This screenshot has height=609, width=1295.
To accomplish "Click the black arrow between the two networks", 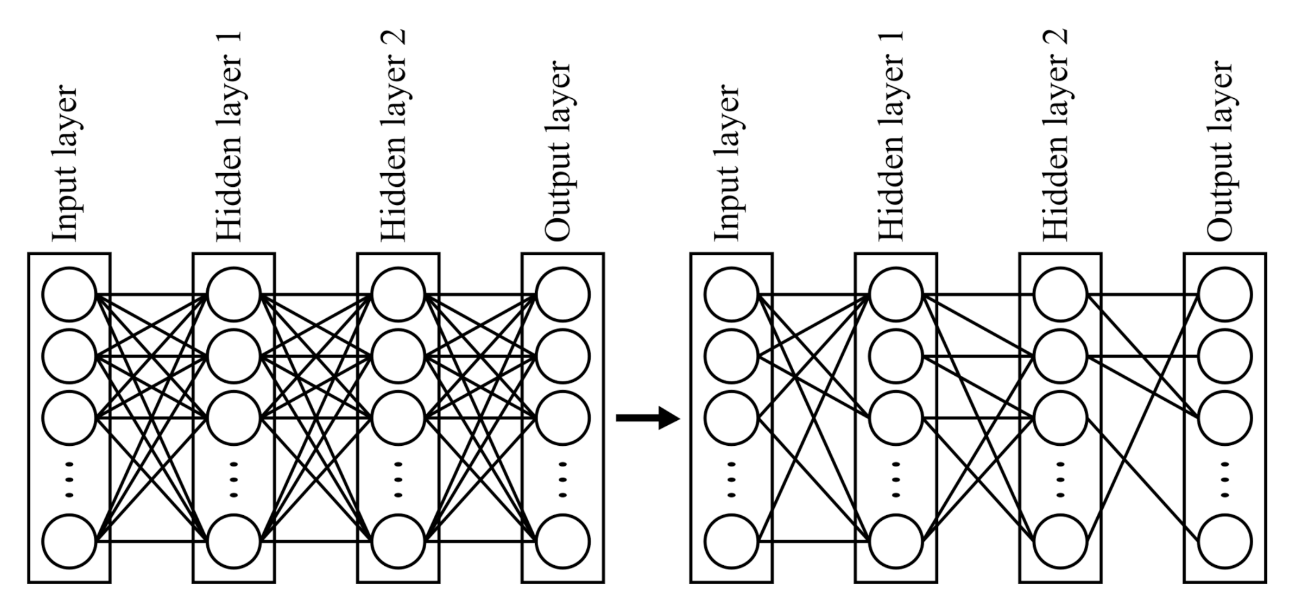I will click(647, 418).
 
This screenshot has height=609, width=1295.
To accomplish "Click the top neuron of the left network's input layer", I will click(69, 294).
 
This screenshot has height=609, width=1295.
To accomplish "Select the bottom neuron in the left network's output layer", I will click(562, 541).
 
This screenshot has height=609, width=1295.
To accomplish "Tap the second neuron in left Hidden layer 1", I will click(234, 356).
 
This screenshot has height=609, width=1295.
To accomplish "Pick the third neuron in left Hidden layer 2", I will click(398, 418).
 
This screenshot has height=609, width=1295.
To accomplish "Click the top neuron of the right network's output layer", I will click(1225, 294).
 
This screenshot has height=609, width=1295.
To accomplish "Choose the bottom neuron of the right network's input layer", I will click(731, 541).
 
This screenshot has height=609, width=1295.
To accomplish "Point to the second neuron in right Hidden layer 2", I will click(1061, 356).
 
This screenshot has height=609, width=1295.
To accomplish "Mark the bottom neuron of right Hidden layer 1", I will click(896, 541).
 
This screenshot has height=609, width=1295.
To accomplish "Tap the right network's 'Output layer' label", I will click(1220, 150).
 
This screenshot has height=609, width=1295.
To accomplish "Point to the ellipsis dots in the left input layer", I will click(69, 480).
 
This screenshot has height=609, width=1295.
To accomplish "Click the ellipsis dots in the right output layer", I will click(1225, 480).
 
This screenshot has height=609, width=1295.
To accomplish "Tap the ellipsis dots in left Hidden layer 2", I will click(398, 480).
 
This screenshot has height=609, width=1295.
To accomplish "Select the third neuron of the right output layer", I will click(1225, 418).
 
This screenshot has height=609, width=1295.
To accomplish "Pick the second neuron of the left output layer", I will click(562, 356).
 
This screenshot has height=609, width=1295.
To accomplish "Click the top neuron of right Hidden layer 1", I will click(896, 294).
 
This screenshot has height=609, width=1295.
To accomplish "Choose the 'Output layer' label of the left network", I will click(558, 150).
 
